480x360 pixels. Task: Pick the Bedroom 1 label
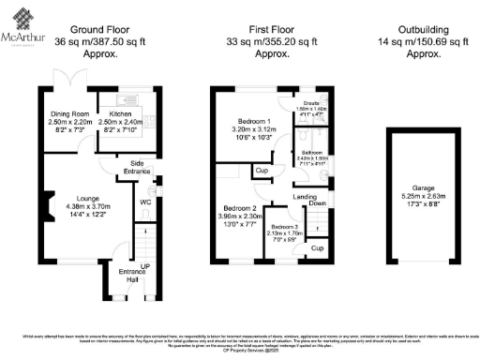[250, 122]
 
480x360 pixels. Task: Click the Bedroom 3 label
[285, 228]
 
